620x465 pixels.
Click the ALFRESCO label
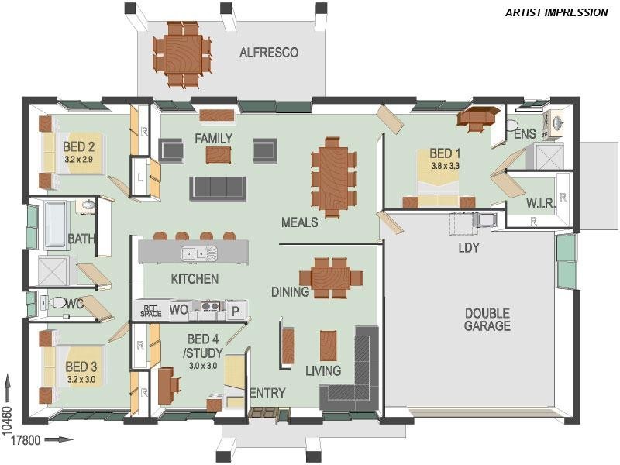click(x=269, y=53)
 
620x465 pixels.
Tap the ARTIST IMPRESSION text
click(x=556, y=12)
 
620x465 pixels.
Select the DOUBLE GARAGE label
click(x=487, y=319)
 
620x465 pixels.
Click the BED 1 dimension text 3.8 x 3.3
click(x=445, y=165)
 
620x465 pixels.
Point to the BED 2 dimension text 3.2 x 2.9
click(x=79, y=159)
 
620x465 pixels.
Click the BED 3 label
click(x=81, y=367)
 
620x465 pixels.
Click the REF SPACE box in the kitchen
click(x=151, y=310)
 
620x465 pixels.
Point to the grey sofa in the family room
click(x=218, y=188)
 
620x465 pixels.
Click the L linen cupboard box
click(x=139, y=177)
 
